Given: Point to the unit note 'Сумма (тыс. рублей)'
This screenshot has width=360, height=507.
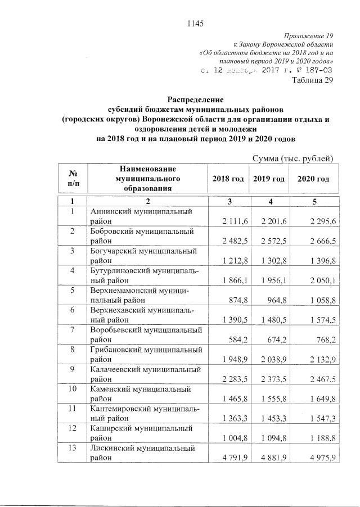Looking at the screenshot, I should pos(294,159).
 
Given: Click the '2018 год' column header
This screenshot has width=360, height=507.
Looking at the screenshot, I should pos(228,179).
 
